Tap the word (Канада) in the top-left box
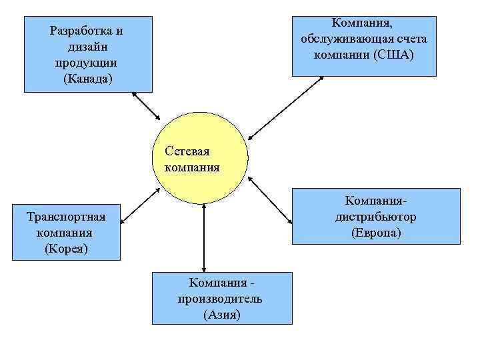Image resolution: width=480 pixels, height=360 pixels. [88, 79]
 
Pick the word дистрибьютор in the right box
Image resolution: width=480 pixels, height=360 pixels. [376, 217]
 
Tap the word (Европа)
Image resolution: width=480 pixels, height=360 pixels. [376, 233]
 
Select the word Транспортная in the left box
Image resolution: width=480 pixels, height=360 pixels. [66, 217]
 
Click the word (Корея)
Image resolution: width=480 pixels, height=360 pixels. [66, 249]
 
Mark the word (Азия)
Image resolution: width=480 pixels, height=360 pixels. [221, 315]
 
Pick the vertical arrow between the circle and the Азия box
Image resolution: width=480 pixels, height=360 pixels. [203, 237]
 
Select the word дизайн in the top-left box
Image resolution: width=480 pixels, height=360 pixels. [88, 47]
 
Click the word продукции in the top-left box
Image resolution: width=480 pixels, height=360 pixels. [87, 63]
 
